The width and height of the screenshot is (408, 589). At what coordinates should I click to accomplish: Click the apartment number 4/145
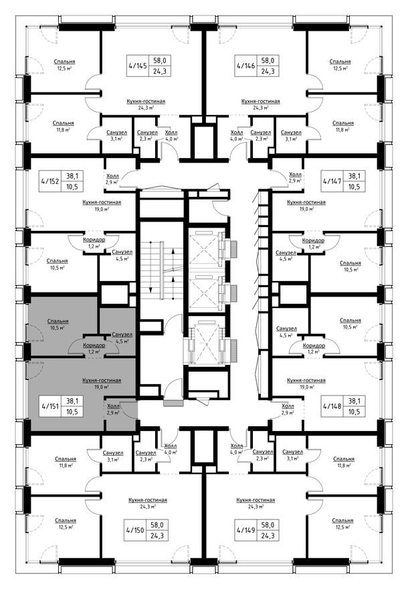pos(136,66)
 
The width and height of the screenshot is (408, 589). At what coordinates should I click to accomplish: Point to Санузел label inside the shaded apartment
pos(122,334)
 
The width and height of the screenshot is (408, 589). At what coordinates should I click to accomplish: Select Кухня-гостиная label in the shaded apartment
pos(101,380)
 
